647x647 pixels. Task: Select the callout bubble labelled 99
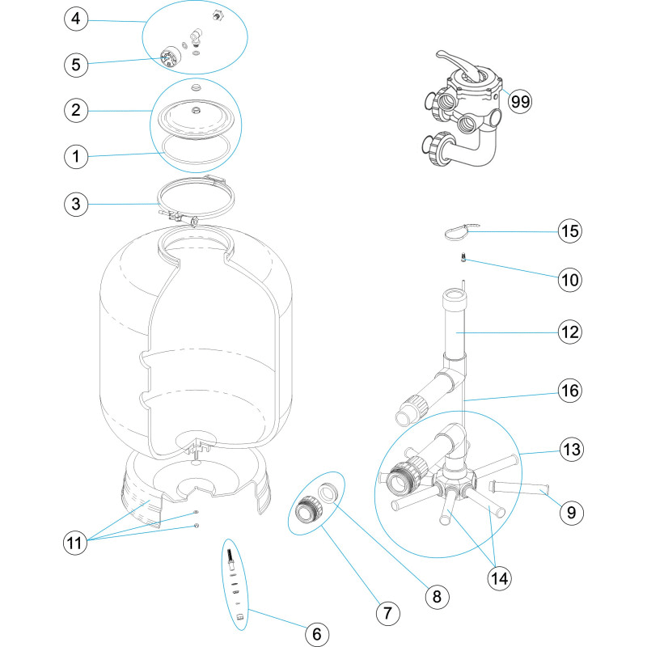click(x=520, y=101)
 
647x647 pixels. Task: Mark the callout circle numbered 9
click(x=570, y=511)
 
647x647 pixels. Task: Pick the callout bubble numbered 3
click(x=75, y=205)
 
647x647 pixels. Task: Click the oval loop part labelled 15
click(x=460, y=232)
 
